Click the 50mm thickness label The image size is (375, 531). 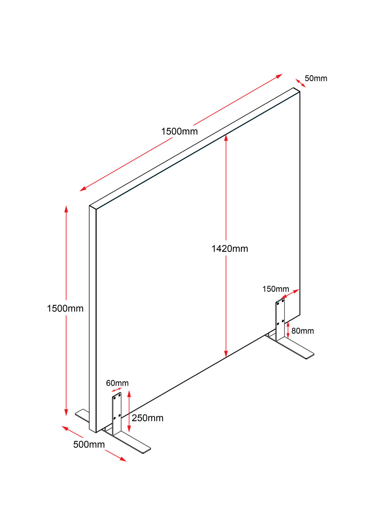[316, 78]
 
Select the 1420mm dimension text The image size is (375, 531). [229, 249]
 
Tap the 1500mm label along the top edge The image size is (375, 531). [179, 131]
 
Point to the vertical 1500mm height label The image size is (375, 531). [65, 308]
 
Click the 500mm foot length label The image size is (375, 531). [89, 444]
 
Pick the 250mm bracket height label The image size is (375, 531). [148, 418]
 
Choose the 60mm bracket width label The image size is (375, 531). [117, 383]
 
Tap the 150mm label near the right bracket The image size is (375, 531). [276, 289]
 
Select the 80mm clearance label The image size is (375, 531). [302, 331]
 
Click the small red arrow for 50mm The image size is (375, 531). [300, 83]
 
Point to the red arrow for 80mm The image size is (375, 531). [288, 330]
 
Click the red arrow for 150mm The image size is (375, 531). [290, 294]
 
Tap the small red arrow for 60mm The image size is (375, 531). [117, 390]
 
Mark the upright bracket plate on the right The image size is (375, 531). [280, 319]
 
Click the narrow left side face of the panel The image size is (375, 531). [93, 319]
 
